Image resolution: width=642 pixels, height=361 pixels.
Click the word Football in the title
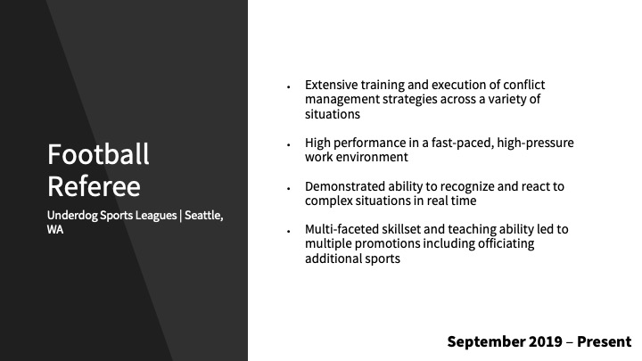98,154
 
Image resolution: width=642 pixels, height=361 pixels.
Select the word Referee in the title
94,186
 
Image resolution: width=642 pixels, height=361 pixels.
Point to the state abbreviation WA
55,230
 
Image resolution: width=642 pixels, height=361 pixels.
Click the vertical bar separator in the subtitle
180,216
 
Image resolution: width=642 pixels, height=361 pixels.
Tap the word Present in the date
605,341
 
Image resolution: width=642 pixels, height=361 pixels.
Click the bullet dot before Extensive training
289,86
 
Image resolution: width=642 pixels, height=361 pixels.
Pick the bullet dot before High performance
289,145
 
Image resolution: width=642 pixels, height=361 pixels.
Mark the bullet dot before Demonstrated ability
289,188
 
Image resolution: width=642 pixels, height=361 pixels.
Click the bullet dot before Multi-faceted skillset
289,231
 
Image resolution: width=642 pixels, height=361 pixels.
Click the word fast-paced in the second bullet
462,144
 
